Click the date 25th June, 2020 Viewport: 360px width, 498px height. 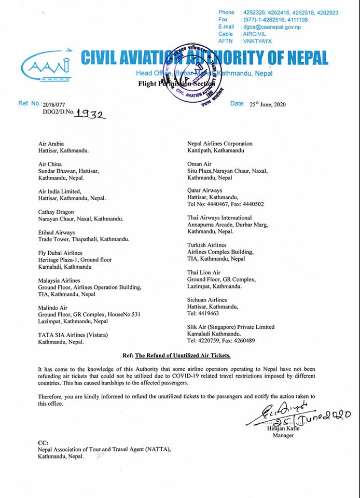[x=270, y=104]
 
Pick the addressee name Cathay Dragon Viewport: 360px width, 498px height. [x=56, y=212]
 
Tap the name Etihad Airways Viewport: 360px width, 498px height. [x=57, y=232]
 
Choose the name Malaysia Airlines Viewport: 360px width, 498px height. [x=60, y=280]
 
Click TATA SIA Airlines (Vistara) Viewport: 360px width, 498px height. [x=73, y=335]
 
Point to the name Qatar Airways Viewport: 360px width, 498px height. [x=204, y=191]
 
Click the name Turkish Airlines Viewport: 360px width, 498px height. [x=206, y=245]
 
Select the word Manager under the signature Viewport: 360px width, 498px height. [x=283, y=435]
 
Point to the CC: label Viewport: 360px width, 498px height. [x=43, y=442]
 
